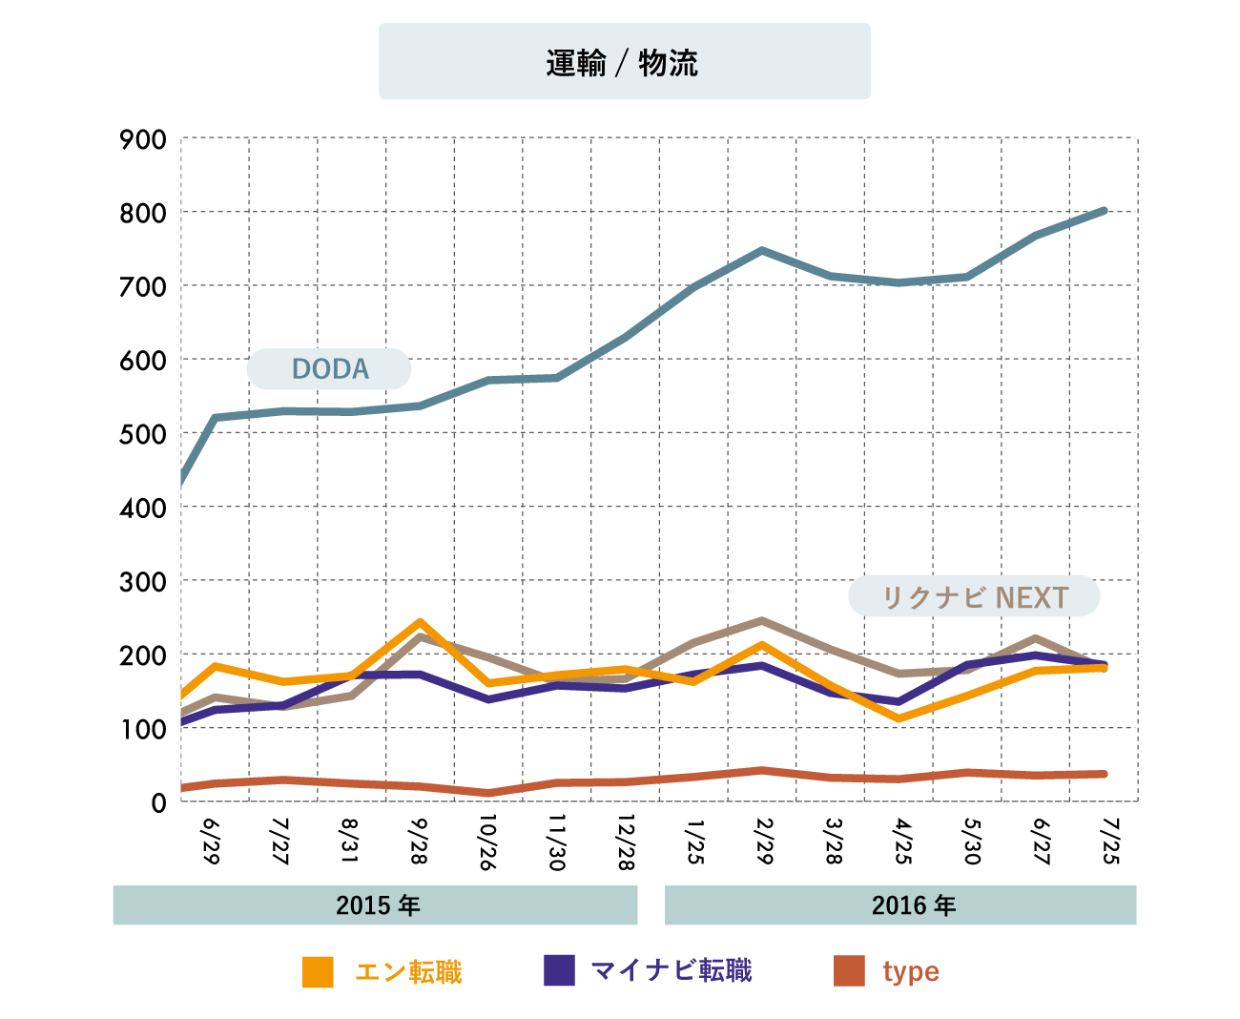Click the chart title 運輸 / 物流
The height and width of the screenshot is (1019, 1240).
coord(623,63)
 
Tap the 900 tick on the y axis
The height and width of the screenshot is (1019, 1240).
coord(143,139)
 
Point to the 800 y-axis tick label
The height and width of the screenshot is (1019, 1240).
coord(143,214)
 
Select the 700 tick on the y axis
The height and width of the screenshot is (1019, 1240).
coord(143,287)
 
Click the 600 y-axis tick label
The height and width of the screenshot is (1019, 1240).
coord(143,361)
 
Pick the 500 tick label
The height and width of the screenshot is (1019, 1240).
coord(143,434)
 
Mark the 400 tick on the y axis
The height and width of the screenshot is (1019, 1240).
coord(143,509)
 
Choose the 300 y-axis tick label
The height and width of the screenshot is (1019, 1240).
coord(143,582)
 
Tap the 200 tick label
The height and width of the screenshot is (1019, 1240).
coord(143,655)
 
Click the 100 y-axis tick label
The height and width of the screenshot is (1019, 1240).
coord(143,730)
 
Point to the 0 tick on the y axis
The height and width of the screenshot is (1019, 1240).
coord(158,803)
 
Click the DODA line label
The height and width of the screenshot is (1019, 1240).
coord(329,369)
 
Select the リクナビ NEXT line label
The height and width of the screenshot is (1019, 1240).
coord(974,597)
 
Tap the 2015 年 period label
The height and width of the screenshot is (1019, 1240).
coord(377,905)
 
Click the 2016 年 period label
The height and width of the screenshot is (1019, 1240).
coord(913,905)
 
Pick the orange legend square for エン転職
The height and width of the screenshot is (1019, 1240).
coord(318,971)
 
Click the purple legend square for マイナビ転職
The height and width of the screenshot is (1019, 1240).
coord(559,970)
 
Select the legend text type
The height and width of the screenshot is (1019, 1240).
coord(911,971)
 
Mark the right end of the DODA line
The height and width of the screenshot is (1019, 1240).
coord(1105,210)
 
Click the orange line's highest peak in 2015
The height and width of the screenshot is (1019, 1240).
coord(420,623)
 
